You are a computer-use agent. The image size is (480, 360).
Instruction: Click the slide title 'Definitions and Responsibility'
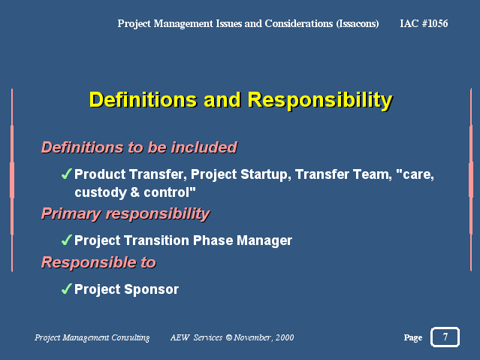click(241, 100)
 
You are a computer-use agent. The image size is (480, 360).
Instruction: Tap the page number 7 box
click(445, 337)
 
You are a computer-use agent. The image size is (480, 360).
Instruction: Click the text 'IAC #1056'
click(424, 23)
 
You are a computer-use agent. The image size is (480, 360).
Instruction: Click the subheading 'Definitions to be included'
click(139, 147)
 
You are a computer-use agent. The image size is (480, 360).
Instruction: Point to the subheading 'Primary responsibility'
click(125, 214)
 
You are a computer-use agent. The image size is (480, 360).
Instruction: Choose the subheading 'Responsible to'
click(98, 262)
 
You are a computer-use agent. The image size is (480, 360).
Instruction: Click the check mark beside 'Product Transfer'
click(66, 174)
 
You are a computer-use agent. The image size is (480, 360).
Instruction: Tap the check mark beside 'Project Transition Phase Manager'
click(66, 240)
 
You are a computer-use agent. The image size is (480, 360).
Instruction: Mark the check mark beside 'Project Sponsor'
click(66, 289)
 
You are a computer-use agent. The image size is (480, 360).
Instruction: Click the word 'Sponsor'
click(152, 289)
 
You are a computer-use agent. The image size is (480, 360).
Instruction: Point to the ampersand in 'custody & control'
click(135, 192)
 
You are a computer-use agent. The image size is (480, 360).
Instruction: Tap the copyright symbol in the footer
click(229, 337)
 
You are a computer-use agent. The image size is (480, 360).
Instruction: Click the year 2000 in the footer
click(285, 337)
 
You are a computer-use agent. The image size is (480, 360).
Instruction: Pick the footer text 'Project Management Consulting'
click(92, 337)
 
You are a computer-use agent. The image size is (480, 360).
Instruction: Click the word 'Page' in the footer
click(413, 337)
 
